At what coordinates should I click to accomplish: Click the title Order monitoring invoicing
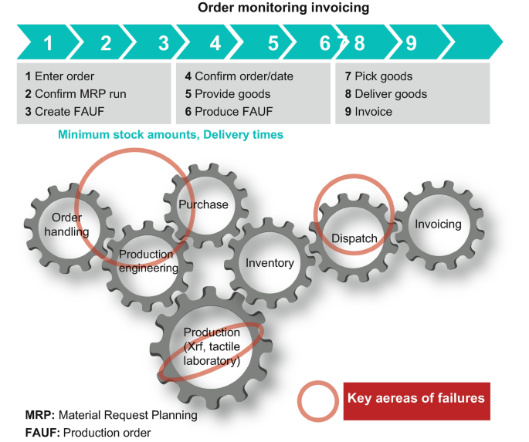[x=283, y=8]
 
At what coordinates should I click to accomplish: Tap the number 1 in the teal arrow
[x=48, y=43]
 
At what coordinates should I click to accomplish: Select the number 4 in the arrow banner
[x=215, y=43]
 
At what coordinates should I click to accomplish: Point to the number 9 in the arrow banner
[x=411, y=43]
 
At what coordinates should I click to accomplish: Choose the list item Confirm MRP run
[x=75, y=94]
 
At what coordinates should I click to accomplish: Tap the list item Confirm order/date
[x=239, y=76]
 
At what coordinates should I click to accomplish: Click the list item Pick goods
[x=378, y=76]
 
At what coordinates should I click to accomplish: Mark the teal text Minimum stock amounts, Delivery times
[x=171, y=135]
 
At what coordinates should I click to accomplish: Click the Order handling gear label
[x=66, y=224]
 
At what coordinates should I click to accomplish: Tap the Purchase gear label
[x=203, y=204]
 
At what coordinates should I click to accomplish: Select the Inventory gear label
[x=270, y=263]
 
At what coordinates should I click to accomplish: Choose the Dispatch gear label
[x=354, y=238]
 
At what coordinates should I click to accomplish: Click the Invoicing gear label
[x=438, y=224]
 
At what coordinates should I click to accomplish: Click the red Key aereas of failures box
[x=416, y=399]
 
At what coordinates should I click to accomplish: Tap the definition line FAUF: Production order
[x=88, y=432]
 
